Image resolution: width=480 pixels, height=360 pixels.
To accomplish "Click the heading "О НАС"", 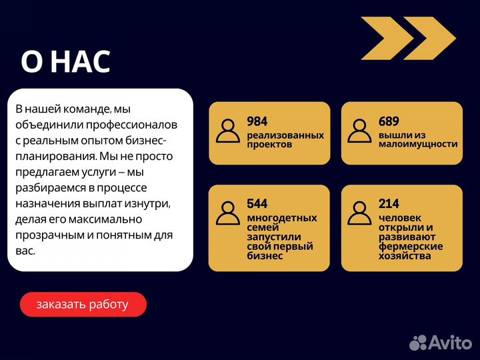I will click(65, 62).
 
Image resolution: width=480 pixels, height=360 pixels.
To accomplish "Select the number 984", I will click(257, 121).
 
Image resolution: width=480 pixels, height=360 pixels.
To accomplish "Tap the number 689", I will click(389, 121).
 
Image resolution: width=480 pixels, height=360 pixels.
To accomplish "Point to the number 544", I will click(257, 203).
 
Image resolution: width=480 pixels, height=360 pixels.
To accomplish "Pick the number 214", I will click(389, 203).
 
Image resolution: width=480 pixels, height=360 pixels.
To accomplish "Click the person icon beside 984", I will click(228, 131).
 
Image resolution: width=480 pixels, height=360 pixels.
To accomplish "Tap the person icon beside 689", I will click(360, 131).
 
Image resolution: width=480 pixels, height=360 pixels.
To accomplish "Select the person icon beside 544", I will click(228, 213).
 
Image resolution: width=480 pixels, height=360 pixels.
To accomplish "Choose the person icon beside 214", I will click(360, 213).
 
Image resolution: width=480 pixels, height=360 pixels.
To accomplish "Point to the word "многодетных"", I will click(282, 218).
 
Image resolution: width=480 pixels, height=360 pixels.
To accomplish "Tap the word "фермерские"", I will click(411, 246).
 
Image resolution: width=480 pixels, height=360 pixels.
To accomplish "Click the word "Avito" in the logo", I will click(450, 343).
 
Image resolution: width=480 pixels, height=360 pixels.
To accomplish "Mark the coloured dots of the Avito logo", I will click(418, 343).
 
